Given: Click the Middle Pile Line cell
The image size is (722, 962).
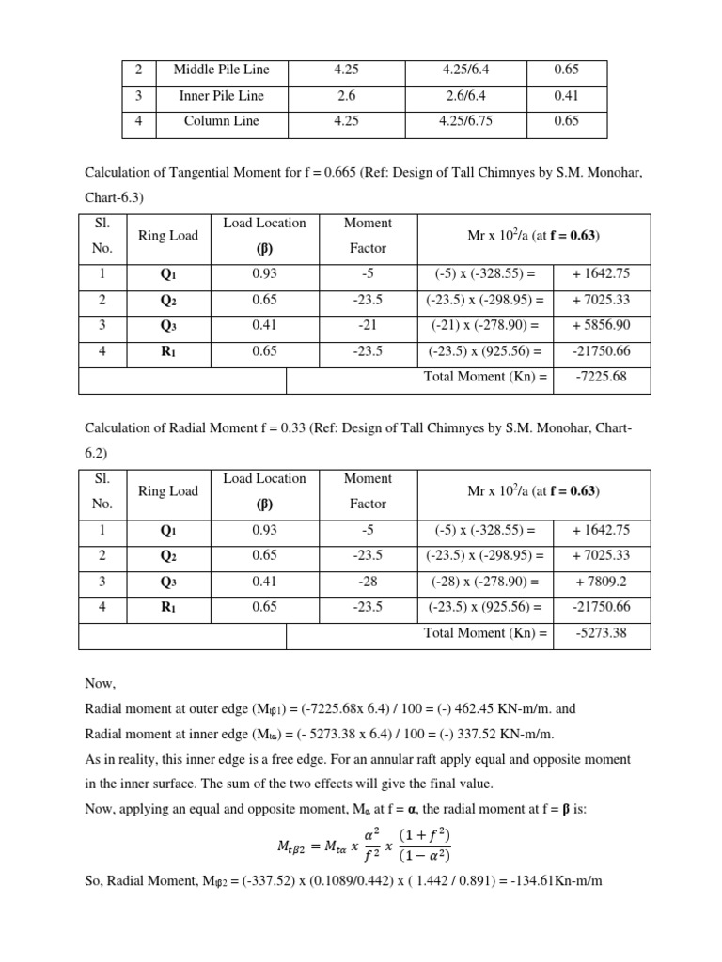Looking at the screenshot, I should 221,70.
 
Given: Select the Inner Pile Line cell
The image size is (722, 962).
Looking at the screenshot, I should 221,95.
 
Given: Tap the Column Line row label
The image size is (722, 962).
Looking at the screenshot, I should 221,121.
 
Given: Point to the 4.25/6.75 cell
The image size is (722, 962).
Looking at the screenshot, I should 465,121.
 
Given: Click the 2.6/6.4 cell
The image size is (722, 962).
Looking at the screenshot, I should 465,95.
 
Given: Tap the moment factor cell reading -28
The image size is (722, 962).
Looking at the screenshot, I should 368,582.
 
